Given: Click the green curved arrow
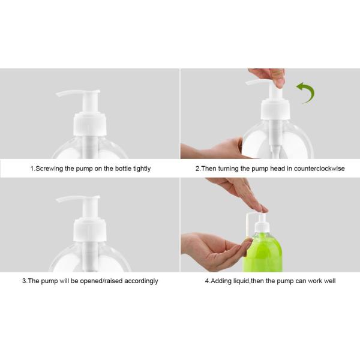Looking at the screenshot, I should [x=306, y=92].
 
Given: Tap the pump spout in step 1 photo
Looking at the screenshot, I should [x=67, y=94].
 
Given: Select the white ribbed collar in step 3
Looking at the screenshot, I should [x=89, y=230].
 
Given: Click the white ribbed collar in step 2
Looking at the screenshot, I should [x=275, y=110].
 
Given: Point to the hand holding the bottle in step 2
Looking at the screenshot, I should [x=216, y=149].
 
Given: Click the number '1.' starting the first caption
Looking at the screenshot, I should [x=32, y=169].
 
